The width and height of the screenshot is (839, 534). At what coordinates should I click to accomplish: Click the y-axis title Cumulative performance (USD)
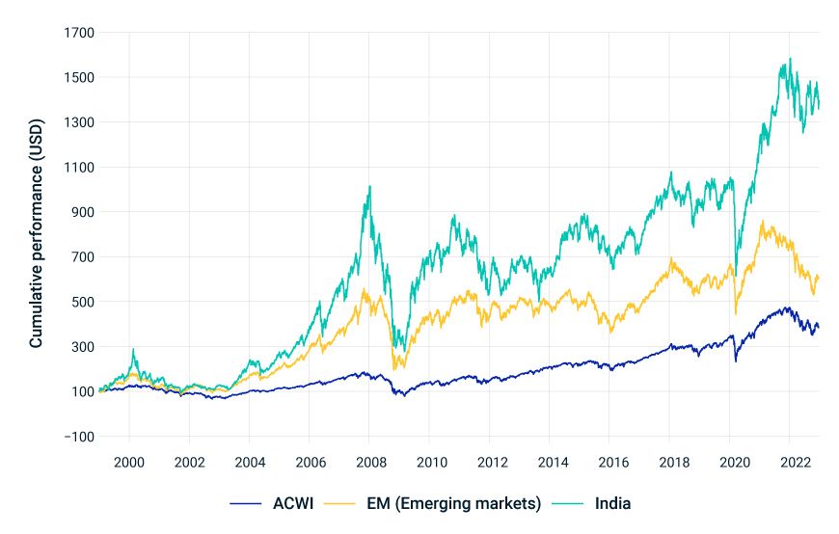(35, 235)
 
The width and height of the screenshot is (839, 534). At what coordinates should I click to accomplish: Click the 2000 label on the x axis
(128, 461)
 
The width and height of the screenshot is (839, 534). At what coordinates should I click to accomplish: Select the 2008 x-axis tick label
(369, 461)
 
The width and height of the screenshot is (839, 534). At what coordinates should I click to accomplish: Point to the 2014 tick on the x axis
(551, 461)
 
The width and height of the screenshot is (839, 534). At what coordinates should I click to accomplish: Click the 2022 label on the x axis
(792, 461)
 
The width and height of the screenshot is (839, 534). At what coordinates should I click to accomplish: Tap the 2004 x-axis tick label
(249, 461)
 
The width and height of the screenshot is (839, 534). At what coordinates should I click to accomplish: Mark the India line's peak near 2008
(369, 187)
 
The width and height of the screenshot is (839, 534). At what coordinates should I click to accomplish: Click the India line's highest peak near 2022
(790, 59)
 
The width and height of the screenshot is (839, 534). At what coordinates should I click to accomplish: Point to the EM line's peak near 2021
(763, 222)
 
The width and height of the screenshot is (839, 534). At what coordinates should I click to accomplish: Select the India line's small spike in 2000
(133, 349)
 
